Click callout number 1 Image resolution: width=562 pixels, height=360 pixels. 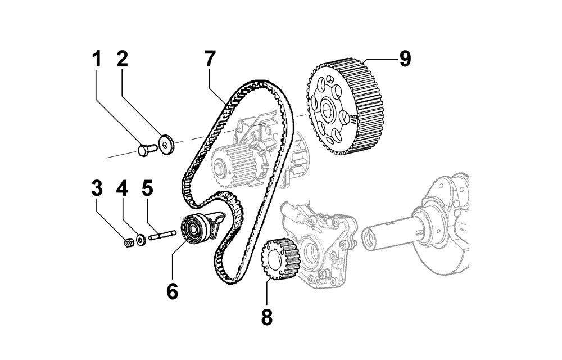[97, 59]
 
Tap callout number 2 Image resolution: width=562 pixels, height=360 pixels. [123, 59]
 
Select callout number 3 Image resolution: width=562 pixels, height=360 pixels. [97, 188]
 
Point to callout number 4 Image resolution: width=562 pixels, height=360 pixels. [122, 188]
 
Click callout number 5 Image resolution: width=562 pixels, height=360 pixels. [147, 188]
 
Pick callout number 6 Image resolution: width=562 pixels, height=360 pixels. [172, 291]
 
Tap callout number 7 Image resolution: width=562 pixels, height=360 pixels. [210, 58]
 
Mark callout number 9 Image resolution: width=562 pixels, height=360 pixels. [405, 58]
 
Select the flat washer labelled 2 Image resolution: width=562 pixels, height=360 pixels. [166, 143]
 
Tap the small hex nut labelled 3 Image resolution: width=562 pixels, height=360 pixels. [129, 242]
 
